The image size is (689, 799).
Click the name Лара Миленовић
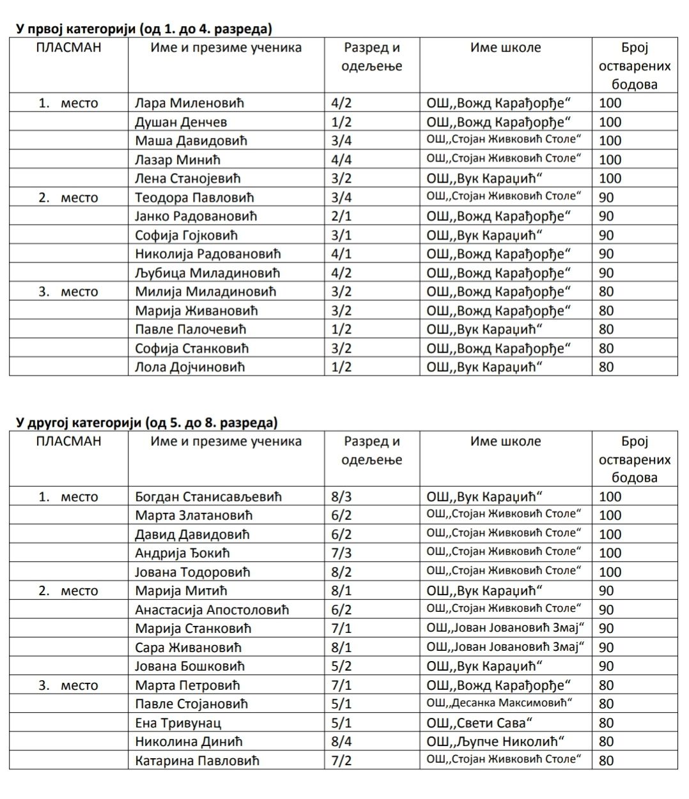click(x=189, y=103)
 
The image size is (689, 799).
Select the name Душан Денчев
click(x=181, y=122)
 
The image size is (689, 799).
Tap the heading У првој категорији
click(x=144, y=29)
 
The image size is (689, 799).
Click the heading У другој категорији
click(x=146, y=423)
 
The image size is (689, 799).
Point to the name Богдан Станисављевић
click(x=208, y=497)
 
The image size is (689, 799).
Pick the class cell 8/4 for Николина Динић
click(x=341, y=742)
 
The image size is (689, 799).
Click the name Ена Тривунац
click(x=178, y=723)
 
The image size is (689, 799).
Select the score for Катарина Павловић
click(x=606, y=761)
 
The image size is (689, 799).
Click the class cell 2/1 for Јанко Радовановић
click(x=341, y=216)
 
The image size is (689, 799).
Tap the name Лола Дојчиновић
click(x=190, y=367)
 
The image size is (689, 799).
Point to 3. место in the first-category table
click(x=68, y=292)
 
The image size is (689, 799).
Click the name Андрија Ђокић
click(x=182, y=553)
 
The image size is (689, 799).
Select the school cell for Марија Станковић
click(x=506, y=628)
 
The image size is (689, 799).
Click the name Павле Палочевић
click(x=190, y=330)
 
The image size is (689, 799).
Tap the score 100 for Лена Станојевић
click(x=610, y=178)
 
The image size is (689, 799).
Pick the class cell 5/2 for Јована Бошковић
click(x=341, y=666)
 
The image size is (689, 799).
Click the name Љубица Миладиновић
click(x=208, y=273)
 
